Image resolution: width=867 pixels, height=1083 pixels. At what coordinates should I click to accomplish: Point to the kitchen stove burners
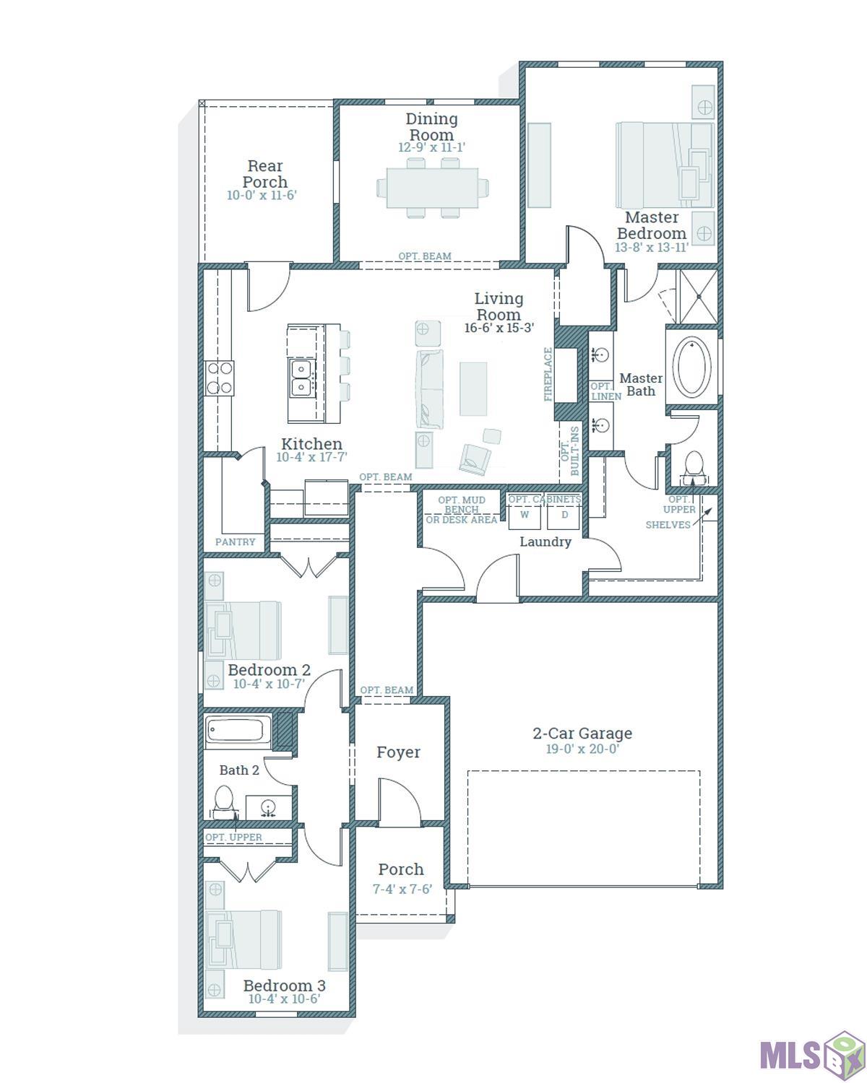click(220, 378)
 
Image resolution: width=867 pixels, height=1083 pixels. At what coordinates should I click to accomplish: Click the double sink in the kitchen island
click(301, 378)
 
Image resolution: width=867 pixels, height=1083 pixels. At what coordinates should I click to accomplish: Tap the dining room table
click(432, 188)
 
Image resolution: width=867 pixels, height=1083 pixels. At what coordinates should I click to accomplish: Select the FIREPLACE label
click(548, 375)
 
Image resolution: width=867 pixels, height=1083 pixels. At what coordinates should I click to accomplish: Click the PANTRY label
click(235, 542)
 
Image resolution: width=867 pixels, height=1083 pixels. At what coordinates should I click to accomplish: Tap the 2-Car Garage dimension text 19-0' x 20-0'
click(582, 749)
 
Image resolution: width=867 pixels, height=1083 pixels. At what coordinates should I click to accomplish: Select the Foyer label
click(398, 752)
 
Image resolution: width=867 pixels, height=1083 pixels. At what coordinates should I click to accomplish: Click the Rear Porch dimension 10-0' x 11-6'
click(262, 195)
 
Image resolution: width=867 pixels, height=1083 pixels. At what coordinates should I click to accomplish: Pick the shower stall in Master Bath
click(698, 297)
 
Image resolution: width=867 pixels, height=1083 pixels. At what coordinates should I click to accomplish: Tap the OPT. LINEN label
click(605, 391)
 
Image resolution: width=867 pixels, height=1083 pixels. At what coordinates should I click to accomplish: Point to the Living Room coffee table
click(473, 389)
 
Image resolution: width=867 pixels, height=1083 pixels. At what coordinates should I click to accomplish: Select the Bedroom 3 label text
click(284, 986)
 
